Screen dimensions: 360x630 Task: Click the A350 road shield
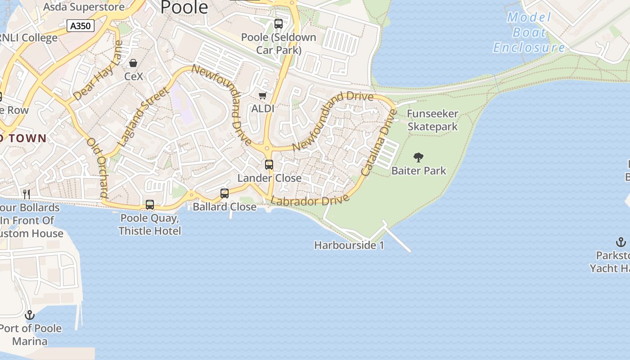[81, 26]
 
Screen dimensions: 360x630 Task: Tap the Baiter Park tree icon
[418, 157]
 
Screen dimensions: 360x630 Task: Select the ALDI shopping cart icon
[263, 95]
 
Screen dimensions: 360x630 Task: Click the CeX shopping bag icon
[133, 63]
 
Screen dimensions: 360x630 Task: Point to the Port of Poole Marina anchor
[30, 315]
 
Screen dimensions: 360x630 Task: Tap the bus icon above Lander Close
[269, 165]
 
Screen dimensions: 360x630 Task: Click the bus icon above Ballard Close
[225, 193]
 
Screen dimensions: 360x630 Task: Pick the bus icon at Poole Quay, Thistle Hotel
[150, 205]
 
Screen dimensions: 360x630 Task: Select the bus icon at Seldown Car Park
[279, 24]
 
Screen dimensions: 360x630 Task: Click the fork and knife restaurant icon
[27, 194]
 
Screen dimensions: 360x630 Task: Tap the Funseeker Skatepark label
[432, 120]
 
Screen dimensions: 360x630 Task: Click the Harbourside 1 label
[349, 245]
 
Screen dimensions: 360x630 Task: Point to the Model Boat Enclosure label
[529, 32]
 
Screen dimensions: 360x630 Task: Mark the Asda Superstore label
[84, 7]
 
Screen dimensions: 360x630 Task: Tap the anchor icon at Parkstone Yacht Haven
[621, 243]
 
